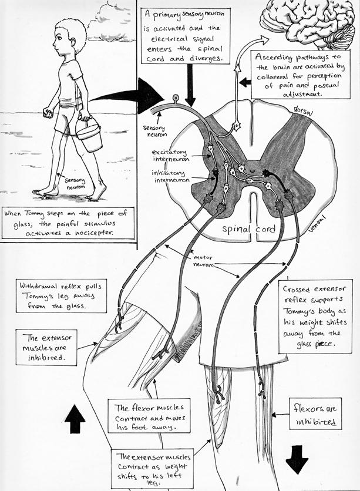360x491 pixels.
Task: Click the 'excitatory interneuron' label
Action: [x=170, y=157]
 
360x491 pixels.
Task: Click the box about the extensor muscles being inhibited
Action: [x=44, y=347]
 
